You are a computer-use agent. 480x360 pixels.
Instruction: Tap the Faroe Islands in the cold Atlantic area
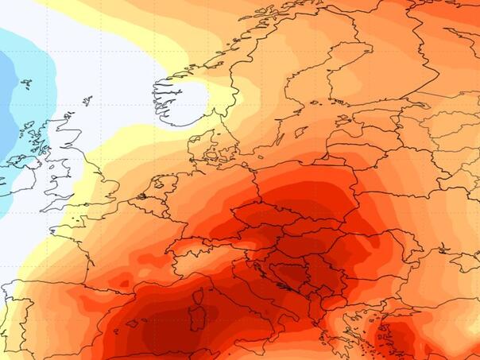26,84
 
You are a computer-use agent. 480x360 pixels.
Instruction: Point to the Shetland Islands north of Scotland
87,101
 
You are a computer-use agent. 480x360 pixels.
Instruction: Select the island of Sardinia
197,306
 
